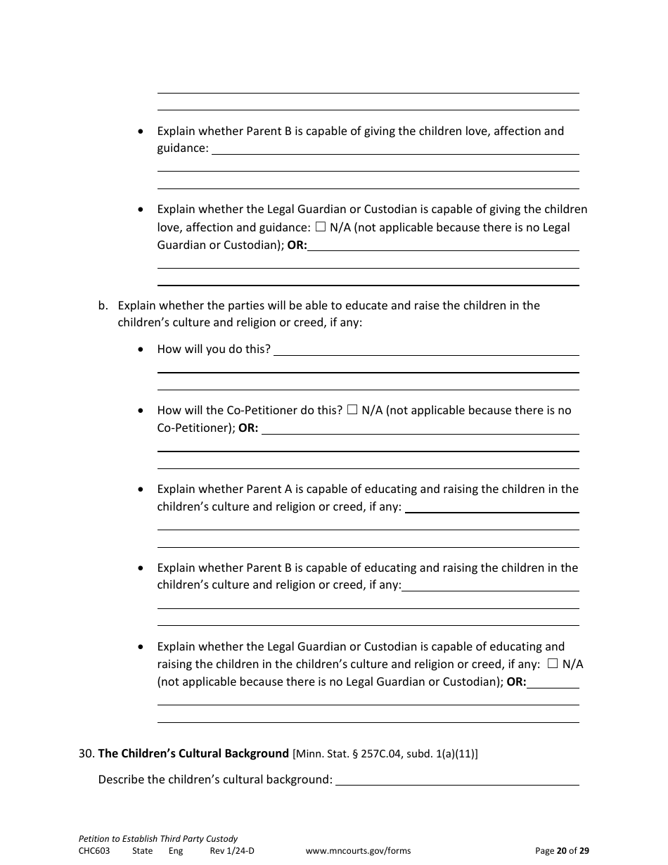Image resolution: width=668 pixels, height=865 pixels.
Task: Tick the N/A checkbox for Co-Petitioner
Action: [352, 410]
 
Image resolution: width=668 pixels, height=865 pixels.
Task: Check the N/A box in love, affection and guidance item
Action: [321, 227]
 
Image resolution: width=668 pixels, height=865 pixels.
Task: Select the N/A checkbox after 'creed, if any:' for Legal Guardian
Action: [553, 663]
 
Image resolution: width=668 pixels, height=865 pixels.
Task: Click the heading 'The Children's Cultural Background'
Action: [193, 753]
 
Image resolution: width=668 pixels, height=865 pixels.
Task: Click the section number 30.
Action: [86, 753]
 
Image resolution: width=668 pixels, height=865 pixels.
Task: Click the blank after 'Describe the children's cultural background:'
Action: [457, 779]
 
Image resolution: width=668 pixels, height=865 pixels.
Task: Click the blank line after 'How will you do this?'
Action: [426, 350]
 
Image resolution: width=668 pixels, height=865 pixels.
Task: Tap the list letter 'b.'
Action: [103, 305]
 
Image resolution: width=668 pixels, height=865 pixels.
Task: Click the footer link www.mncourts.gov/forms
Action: [358, 850]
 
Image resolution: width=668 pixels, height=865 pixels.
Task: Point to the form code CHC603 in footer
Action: [94, 850]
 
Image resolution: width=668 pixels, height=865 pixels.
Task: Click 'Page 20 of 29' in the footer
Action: [562, 850]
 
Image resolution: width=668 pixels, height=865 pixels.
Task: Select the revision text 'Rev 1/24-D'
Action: [232, 850]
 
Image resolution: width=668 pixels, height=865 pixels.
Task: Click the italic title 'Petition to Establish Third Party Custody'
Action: [158, 838]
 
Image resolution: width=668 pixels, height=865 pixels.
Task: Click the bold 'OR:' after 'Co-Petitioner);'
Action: [248, 428]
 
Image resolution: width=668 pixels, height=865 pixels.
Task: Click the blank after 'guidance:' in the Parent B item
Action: [395, 148]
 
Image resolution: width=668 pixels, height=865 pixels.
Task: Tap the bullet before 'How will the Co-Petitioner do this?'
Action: [142, 411]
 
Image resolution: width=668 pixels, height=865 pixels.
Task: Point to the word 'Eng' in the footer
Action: [176, 850]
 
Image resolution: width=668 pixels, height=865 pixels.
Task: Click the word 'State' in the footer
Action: [142, 850]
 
